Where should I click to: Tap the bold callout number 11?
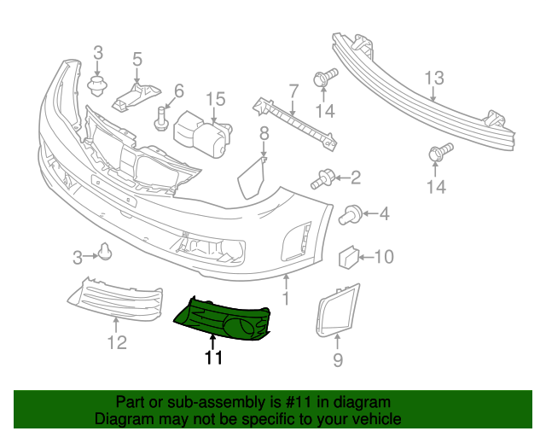pyautogui.click(x=213, y=358)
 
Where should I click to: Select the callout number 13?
pyautogui.click(x=434, y=78)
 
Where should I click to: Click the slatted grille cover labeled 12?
pyautogui.click(x=116, y=300)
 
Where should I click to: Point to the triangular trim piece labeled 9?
pyautogui.click(x=338, y=310)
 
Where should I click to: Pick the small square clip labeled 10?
pyautogui.click(x=349, y=258)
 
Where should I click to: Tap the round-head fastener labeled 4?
pyautogui.click(x=351, y=214)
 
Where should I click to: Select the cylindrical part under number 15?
pyautogui.click(x=203, y=135)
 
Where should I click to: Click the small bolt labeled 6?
pyautogui.click(x=160, y=119)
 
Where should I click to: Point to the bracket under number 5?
pyautogui.click(x=136, y=96)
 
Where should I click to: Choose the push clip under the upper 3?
pyautogui.click(x=97, y=85)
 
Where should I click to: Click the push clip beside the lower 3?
pyautogui.click(x=104, y=252)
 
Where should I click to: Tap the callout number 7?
pyautogui.click(x=293, y=91)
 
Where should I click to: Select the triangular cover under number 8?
pyautogui.click(x=252, y=178)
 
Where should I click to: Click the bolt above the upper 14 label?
pyautogui.click(x=326, y=78)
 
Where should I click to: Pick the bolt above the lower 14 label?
pyautogui.click(x=441, y=153)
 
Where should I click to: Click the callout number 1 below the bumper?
pyautogui.click(x=286, y=299)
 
